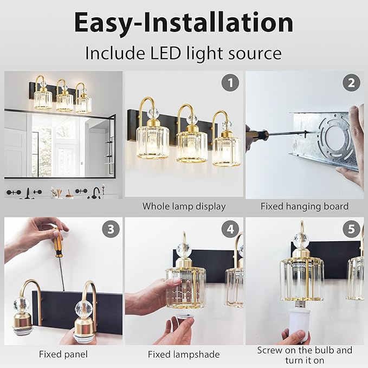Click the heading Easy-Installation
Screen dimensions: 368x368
(x=184, y=23)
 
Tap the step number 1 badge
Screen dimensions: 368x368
(x=230, y=83)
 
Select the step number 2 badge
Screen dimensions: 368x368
(x=351, y=83)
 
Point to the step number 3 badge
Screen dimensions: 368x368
(x=111, y=229)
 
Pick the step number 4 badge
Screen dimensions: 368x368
(x=230, y=229)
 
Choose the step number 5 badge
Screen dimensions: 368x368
(x=351, y=229)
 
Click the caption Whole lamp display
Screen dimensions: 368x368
(x=184, y=206)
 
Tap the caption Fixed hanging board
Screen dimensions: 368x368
(x=304, y=206)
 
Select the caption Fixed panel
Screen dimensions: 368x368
(x=63, y=354)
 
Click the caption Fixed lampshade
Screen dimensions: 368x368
(x=184, y=354)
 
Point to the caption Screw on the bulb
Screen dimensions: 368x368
(x=304, y=350)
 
